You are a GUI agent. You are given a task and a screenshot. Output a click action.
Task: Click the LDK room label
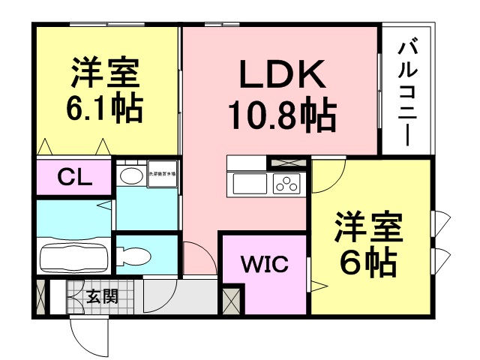[x=282, y=75]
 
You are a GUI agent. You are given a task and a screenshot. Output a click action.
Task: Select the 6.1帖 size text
[x=104, y=110]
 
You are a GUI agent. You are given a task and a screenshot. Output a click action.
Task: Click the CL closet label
[x=74, y=178]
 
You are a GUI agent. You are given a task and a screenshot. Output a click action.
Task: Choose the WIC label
[x=262, y=265]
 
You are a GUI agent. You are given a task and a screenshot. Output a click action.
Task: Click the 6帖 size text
[x=368, y=262]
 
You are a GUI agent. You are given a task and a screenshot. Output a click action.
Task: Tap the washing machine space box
[x=163, y=175]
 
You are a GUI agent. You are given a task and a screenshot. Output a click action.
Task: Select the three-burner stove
[x=286, y=182]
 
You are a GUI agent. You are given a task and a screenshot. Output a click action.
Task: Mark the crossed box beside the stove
[x=287, y=162]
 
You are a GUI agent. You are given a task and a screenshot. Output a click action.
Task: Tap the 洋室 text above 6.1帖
[x=104, y=75]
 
